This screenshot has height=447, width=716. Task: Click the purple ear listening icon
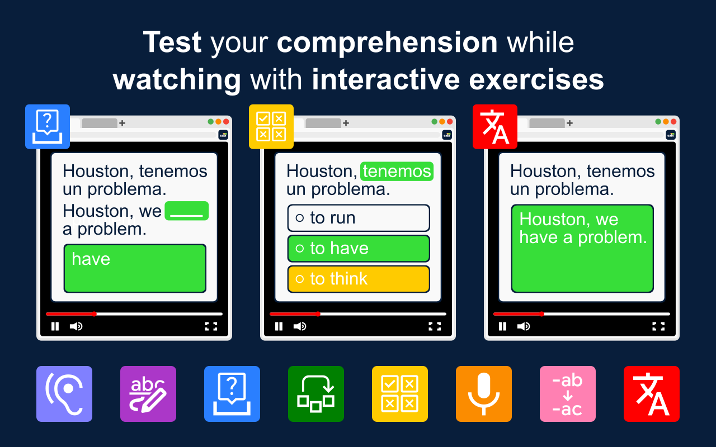tap(64, 394)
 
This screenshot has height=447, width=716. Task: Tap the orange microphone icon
tap(484, 394)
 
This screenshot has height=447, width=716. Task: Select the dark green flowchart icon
tap(316, 394)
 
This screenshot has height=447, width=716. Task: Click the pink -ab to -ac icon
tap(568, 394)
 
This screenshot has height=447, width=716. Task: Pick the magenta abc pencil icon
tap(148, 394)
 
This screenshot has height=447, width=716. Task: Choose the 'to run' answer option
tap(359, 218)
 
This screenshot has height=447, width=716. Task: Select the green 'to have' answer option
tap(359, 249)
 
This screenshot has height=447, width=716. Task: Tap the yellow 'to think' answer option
tap(359, 279)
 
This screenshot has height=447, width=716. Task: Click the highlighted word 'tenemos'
tap(397, 172)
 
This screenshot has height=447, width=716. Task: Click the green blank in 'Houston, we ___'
tap(187, 211)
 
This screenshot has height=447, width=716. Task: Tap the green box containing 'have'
tap(135, 268)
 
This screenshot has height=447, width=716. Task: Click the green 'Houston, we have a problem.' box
tap(582, 249)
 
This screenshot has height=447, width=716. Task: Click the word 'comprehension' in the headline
tap(387, 43)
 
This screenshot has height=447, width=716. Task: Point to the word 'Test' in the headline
tap(172, 42)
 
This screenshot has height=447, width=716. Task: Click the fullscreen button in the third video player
tap(658, 326)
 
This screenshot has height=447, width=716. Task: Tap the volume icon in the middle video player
tap(300, 326)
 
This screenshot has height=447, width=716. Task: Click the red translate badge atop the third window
tap(495, 127)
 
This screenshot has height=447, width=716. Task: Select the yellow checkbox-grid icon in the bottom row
tap(400, 394)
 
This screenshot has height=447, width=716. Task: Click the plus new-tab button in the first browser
tap(122, 123)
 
